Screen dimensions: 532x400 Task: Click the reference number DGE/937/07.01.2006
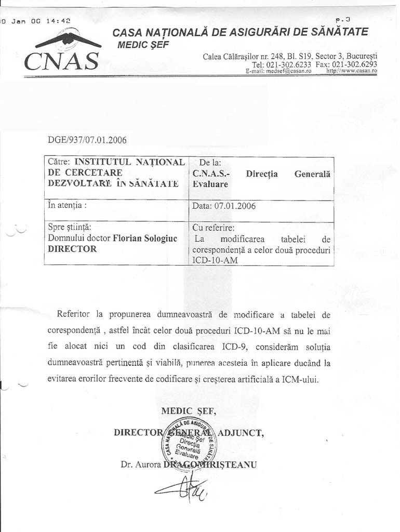coord(87,140)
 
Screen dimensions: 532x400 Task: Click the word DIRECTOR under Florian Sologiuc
coord(72,248)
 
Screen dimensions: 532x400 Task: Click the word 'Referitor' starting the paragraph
coord(73,314)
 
